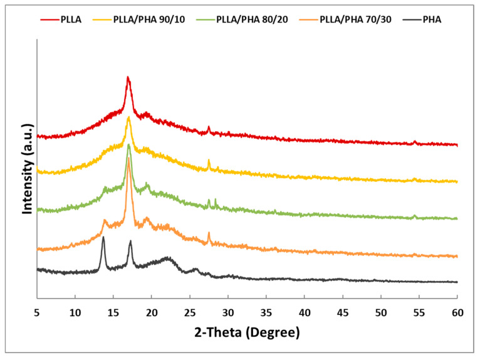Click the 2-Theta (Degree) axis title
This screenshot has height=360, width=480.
[247, 331]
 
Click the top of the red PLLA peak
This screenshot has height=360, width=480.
[128, 77]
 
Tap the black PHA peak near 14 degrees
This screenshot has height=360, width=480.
[103, 237]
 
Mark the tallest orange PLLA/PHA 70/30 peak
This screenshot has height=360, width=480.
[128, 157]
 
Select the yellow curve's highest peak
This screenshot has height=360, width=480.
[128, 117]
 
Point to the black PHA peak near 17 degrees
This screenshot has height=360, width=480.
[130, 241]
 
